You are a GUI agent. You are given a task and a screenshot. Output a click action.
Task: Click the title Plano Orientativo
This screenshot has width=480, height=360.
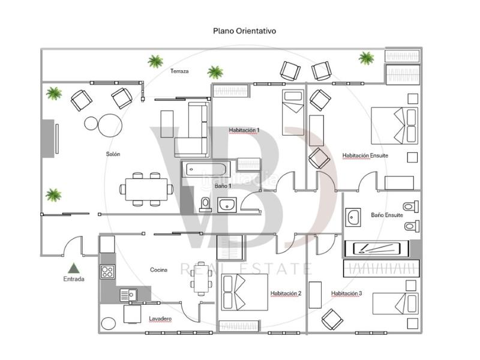pos(244,31)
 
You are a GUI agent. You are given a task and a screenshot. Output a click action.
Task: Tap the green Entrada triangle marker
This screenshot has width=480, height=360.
pos(74,268)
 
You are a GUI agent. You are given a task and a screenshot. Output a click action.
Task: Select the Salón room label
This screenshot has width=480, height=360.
pos(113,154)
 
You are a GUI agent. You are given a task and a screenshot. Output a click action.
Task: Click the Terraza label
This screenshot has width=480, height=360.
pos(179,71)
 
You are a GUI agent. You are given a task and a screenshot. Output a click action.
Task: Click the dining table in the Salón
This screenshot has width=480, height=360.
pos(146,188)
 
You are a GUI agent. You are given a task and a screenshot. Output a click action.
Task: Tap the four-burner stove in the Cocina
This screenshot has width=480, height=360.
pos(107,272)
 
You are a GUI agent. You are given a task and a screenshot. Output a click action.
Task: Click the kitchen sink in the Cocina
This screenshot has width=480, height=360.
pos(128,294)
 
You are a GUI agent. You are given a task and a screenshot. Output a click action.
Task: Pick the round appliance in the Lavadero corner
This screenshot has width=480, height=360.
pos(108,323)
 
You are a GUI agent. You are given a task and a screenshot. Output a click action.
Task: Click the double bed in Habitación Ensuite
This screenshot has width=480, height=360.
pos(394,125)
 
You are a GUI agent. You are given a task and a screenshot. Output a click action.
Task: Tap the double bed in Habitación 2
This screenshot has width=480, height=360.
pos(244,292)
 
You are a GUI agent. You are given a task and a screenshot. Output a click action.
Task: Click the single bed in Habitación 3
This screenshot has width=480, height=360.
pos(395,304)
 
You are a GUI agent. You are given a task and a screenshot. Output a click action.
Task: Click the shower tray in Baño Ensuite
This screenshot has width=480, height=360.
pos(376,248)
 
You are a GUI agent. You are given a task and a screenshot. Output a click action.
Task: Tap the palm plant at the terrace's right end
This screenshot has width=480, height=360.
pos(366,58)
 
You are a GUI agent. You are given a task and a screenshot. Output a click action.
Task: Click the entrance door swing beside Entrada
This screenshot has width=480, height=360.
pos(74,246)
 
